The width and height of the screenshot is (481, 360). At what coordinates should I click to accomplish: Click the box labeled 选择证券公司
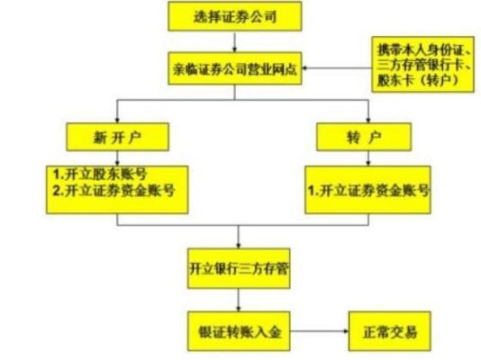(235, 16)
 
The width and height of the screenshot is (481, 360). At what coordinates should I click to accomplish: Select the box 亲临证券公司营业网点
(235, 68)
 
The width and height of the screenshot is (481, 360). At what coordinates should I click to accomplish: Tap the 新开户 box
(117, 137)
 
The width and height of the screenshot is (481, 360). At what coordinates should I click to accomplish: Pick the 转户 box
(364, 137)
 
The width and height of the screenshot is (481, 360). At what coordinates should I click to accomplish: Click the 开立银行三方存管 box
(239, 269)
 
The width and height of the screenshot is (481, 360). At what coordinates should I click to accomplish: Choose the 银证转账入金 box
(239, 331)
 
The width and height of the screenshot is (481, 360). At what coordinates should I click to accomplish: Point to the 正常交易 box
(390, 331)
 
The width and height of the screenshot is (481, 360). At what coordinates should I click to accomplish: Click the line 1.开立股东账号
(100, 175)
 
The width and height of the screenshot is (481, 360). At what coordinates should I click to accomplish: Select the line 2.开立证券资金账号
(113, 191)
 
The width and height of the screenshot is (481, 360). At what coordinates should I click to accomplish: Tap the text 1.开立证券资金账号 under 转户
(368, 191)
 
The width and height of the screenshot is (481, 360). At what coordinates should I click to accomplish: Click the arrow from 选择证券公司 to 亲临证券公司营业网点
(235, 41)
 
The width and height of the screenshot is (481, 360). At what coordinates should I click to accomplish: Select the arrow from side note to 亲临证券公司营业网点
(337, 68)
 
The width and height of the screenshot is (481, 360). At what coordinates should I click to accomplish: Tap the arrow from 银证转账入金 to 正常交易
(320, 331)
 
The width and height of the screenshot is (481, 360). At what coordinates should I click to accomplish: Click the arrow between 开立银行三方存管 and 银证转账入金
(239, 300)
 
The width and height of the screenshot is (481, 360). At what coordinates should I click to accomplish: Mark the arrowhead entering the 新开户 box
(117, 121)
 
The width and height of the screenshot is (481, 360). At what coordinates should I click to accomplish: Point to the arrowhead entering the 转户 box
(368, 121)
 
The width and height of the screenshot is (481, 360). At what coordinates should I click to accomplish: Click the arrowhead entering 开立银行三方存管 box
(239, 246)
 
